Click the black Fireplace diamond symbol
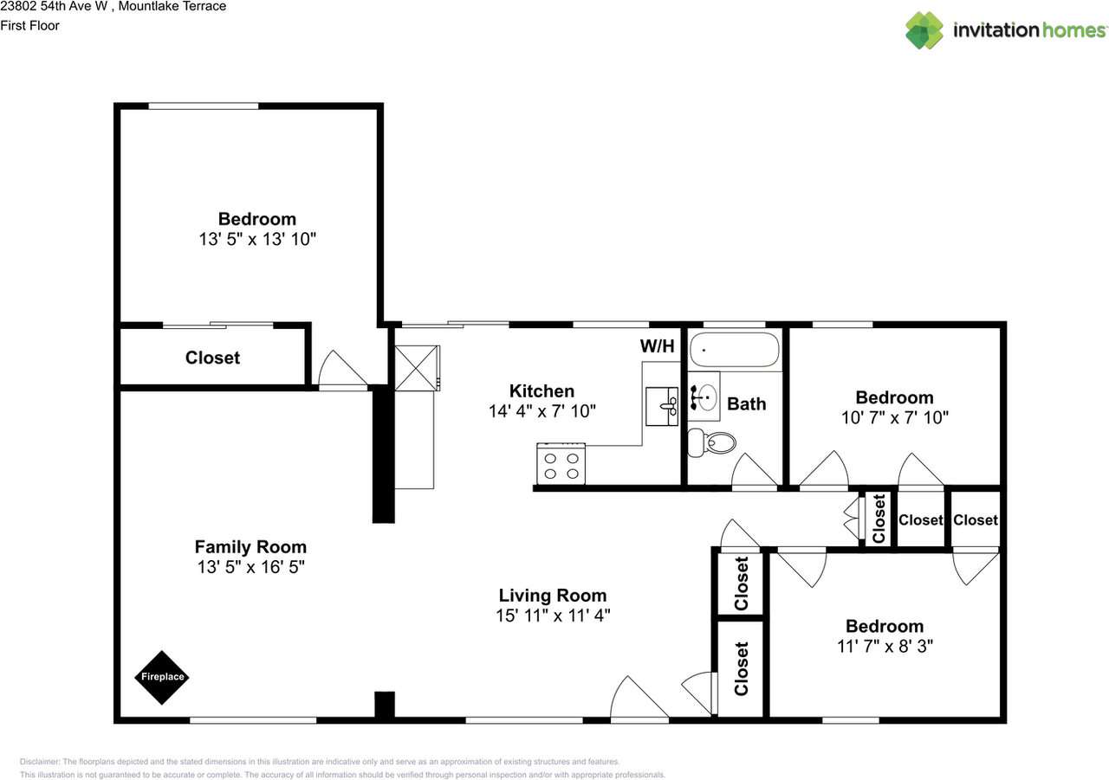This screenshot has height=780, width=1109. pyautogui.click(x=161, y=677)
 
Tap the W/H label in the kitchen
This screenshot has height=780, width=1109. pyautogui.click(x=657, y=347)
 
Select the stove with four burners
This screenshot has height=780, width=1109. pyautogui.click(x=561, y=463)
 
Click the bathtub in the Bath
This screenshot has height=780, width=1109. pyautogui.click(x=735, y=350)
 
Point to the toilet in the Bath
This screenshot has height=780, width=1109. pyautogui.click(x=710, y=444)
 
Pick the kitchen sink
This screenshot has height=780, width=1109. pyautogui.click(x=663, y=406)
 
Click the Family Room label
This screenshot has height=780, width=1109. pyautogui.click(x=250, y=547)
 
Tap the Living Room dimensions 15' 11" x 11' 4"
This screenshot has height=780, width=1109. pyautogui.click(x=552, y=616)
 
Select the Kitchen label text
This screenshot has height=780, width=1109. pyautogui.click(x=542, y=391)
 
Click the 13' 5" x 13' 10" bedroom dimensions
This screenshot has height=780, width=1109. pyautogui.click(x=256, y=239)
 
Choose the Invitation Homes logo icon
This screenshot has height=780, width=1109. pyautogui.click(x=924, y=30)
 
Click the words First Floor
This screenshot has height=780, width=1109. pyautogui.click(x=30, y=26)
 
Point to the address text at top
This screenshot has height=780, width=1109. pyautogui.click(x=113, y=7)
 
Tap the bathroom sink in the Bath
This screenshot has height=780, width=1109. pyautogui.click(x=705, y=397)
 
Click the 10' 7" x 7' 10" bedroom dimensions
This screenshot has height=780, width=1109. pyautogui.click(x=895, y=416)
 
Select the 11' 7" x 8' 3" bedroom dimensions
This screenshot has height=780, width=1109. pyautogui.click(x=885, y=646)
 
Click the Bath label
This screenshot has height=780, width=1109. pyautogui.click(x=746, y=403)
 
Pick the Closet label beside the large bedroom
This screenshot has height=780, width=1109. pyautogui.click(x=212, y=358)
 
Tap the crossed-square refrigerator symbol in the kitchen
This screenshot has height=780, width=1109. pyautogui.click(x=417, y=369)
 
